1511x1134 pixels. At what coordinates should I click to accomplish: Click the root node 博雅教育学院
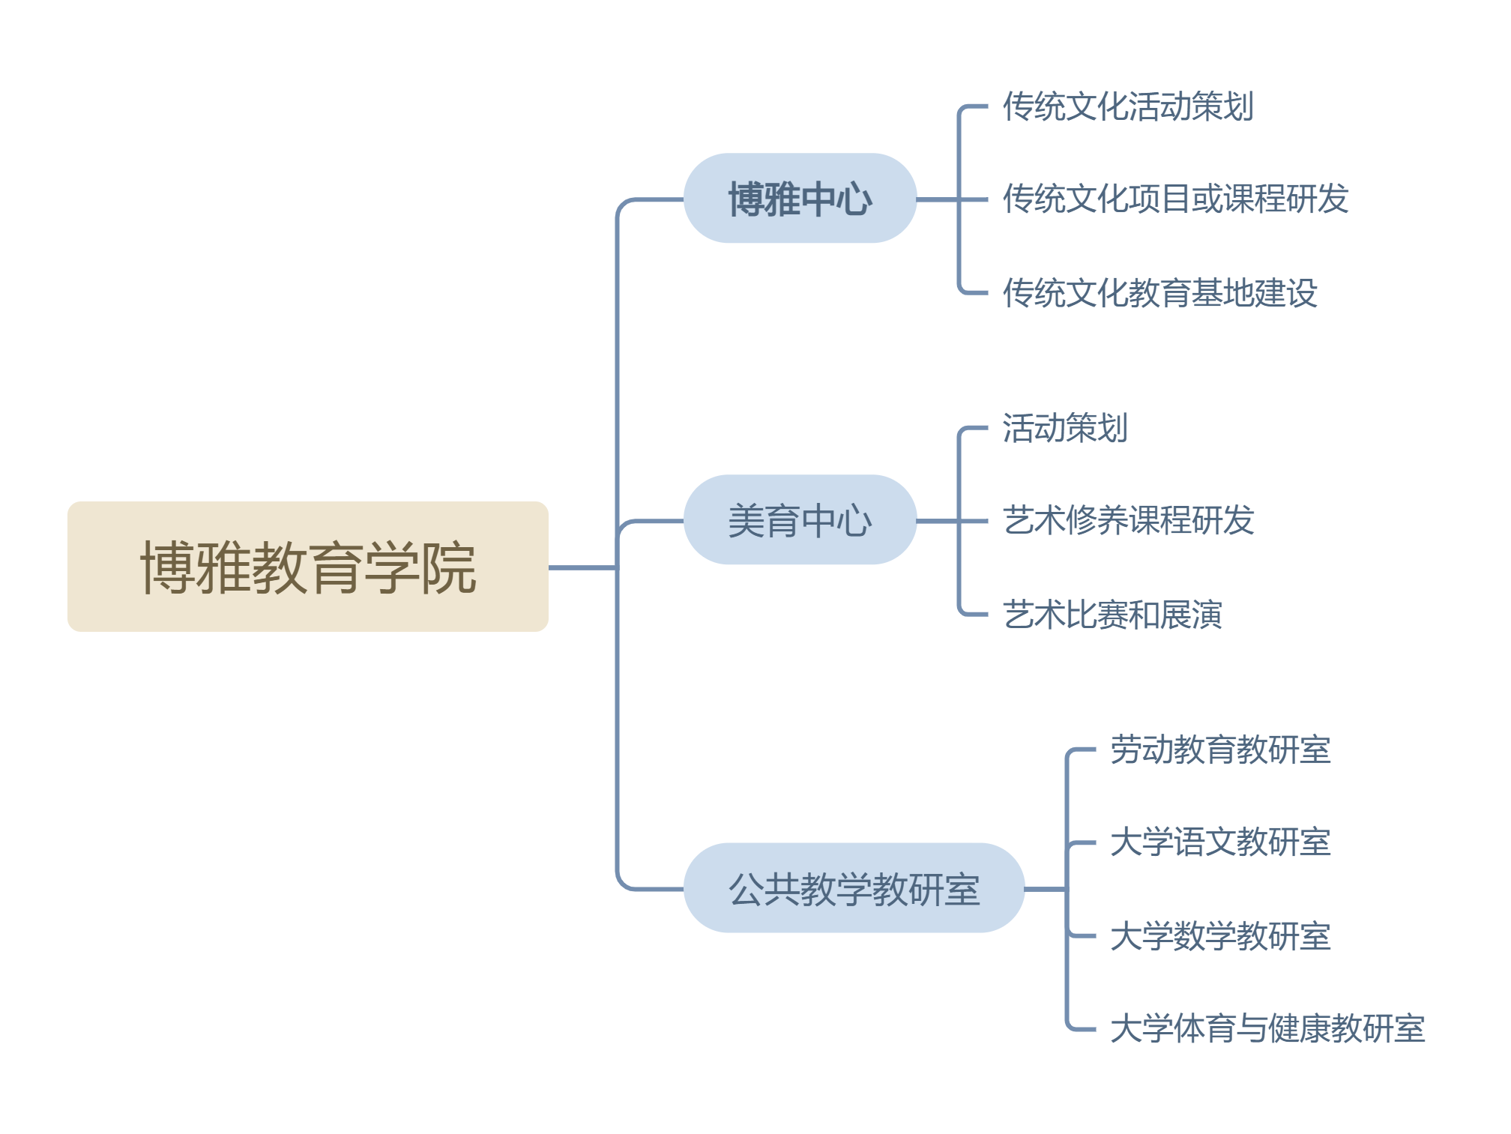click(x=308, y=567)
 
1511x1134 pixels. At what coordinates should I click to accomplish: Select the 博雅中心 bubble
click(x=800, y=199)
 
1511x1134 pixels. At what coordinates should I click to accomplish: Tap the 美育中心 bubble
click(x=800, y=520)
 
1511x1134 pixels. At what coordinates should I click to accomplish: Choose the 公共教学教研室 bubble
click(x=854, y=888)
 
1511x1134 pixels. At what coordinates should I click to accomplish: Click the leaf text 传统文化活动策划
click(x=1128, y=106)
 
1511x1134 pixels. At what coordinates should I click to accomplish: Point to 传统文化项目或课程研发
click(x=1175, y=199)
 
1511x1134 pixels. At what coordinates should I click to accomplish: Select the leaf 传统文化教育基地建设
click(x=1159, y=292)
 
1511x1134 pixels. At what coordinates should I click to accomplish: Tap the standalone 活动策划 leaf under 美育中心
click(x=1065, y=428)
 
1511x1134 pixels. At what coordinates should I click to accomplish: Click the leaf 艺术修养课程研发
click(x=1128, y=520)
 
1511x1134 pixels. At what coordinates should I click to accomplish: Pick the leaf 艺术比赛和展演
click(x=1112, y=614)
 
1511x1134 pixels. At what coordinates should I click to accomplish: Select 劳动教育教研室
click(x=1220, y=750)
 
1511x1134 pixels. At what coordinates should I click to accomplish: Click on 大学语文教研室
click(x=1220, y=842)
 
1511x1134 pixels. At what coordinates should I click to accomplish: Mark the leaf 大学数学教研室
click(x=1220, y=935)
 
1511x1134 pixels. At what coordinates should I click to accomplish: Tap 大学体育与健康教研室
click(x=1267, y=1028)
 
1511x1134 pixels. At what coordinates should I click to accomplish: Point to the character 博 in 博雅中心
click(x=746, y=199)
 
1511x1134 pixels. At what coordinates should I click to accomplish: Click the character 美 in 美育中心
click(x=746, y=521)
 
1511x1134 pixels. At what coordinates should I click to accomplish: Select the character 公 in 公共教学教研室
click(x=746, y=889)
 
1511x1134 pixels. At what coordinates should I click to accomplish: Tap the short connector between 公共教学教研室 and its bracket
click(x=1045, y=889)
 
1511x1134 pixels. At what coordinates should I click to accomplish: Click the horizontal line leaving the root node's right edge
click(x=582, y=567)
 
